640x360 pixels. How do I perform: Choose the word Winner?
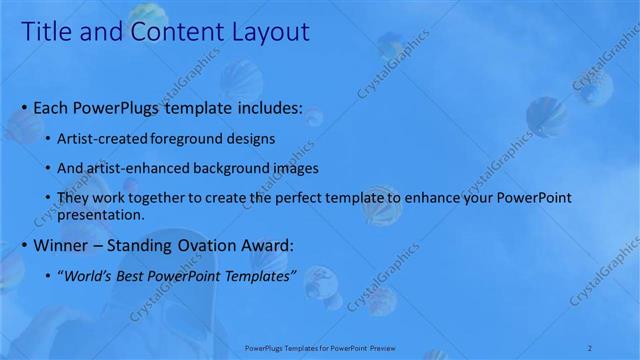click(63, 245)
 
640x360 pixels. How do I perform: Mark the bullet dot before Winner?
click(24, 246)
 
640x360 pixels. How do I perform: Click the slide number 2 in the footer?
click(591, 346)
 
